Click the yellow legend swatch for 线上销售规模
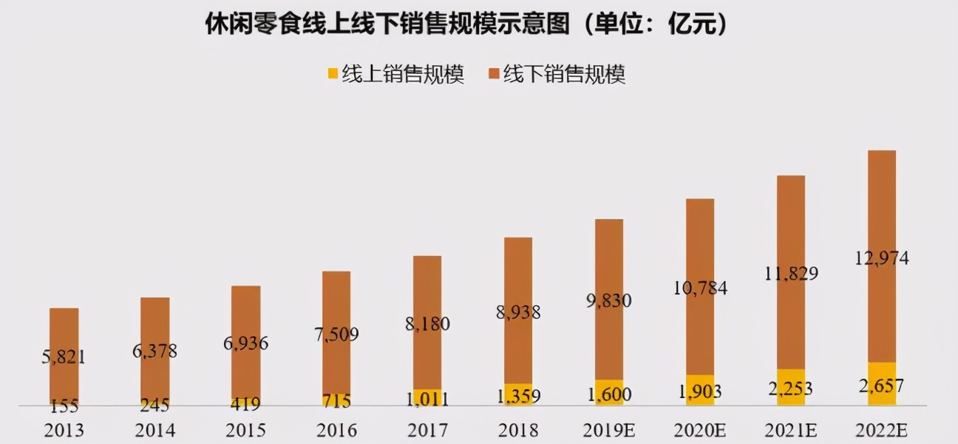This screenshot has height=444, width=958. tap(333, 74)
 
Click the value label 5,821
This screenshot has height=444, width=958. tap(64, 357)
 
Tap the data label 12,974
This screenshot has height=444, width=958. tap(881, 258)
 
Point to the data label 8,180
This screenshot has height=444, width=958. tap(427, 323)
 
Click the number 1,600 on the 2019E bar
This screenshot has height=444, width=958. tap(609, 394)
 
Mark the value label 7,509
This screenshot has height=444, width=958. tap(336, 334)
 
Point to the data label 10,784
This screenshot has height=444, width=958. tap(699, 288)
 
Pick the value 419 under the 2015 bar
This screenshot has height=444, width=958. tap(245, 405)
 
